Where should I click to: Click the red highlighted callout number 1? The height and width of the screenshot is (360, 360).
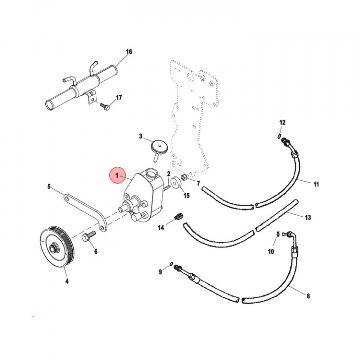(118, 176)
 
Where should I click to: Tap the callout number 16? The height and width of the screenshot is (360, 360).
(129, 52)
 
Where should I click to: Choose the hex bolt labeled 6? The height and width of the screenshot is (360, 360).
(88, 238)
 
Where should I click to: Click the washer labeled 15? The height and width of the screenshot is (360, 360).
(175, 184)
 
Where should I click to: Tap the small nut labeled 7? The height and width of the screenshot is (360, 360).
(184, 177)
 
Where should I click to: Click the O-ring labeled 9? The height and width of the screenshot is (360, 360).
(171, 263)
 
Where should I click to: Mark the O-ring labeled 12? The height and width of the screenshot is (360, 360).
(277, 135)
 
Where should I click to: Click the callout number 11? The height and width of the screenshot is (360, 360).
(316, 184)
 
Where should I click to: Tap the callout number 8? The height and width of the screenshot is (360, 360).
(308, 296)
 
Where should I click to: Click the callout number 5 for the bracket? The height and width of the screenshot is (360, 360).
(49, 187)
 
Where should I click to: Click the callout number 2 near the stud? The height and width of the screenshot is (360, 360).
(169, 173)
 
